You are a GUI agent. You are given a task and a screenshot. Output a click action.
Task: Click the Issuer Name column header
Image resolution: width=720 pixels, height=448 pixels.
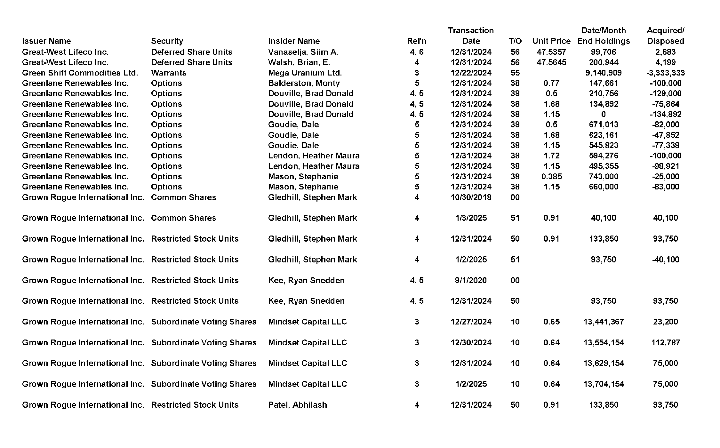click(x=46, y=41)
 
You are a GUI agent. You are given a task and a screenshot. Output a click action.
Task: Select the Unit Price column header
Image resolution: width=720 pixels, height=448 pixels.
click(x=551, y=41)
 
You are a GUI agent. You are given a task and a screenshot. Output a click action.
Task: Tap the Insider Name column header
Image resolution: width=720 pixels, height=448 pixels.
click(x=294, y=41)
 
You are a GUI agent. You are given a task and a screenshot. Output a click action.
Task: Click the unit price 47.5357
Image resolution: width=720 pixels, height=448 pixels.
click(x=551, y=52)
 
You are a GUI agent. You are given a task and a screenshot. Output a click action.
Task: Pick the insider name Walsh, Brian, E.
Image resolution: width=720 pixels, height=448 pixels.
click(x=299, y=62)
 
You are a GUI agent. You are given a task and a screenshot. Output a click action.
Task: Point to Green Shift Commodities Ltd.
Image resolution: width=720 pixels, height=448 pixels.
click(x=80, y=73)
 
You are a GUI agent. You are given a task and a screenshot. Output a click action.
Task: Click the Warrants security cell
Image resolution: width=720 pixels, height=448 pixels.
click(x=169, y=73)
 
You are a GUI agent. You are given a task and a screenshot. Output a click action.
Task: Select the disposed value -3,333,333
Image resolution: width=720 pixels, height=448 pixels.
click(x=666, y=73)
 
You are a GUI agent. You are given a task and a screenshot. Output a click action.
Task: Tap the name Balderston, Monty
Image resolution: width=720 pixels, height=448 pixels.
click(x=304, y=83)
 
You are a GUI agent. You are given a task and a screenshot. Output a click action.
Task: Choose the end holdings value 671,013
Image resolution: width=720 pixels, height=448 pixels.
click(x=604, y=124)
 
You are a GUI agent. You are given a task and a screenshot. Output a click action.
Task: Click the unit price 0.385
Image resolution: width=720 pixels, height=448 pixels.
click(x=551, y=176)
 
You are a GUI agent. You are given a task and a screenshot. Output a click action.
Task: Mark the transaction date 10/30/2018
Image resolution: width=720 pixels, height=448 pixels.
click(x=471, y=197)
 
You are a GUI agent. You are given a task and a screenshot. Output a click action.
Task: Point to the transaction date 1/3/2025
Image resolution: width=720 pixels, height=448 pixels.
click(x=471, y=218)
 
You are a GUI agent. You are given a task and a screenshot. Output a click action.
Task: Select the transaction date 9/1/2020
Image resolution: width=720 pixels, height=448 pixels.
click(x=471, y=280)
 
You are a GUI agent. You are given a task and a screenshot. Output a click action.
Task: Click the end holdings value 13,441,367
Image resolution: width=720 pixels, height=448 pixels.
click(x=604, y=322)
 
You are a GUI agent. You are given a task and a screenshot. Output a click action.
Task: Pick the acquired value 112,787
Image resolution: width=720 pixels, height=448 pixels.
click(x=666, y=342)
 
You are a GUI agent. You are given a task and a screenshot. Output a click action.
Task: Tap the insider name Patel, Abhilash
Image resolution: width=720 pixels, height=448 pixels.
click(x=297, y=405)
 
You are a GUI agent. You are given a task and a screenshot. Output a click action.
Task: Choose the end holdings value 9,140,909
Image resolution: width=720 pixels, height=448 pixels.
click(x=604, y=73)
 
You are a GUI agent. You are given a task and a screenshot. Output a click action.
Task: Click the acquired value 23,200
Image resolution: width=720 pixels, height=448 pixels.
click(x=666, y=322)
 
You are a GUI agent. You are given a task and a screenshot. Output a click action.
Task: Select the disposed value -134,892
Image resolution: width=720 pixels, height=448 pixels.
click(x=666, y=114)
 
